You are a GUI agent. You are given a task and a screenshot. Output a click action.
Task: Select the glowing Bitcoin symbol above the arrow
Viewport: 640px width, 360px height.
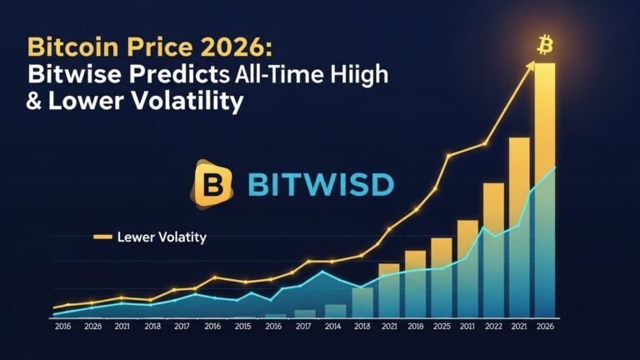point(546,43)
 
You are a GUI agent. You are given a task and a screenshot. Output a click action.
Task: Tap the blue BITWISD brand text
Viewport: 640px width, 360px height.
point(318,183)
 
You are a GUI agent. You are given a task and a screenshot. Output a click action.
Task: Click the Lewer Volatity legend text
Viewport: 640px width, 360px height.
point(162,237)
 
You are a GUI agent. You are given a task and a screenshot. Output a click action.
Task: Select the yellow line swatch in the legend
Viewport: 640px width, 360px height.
point(102,237)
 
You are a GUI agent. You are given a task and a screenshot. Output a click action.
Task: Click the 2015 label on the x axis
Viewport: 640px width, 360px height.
point(242,327)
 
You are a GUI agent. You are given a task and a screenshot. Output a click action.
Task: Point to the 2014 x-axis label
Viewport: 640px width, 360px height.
point(333,327)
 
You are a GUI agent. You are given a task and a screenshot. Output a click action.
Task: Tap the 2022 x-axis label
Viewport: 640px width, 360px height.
point(492,327)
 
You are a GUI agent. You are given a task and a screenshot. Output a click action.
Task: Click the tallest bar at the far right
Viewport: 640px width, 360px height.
point(545,192)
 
